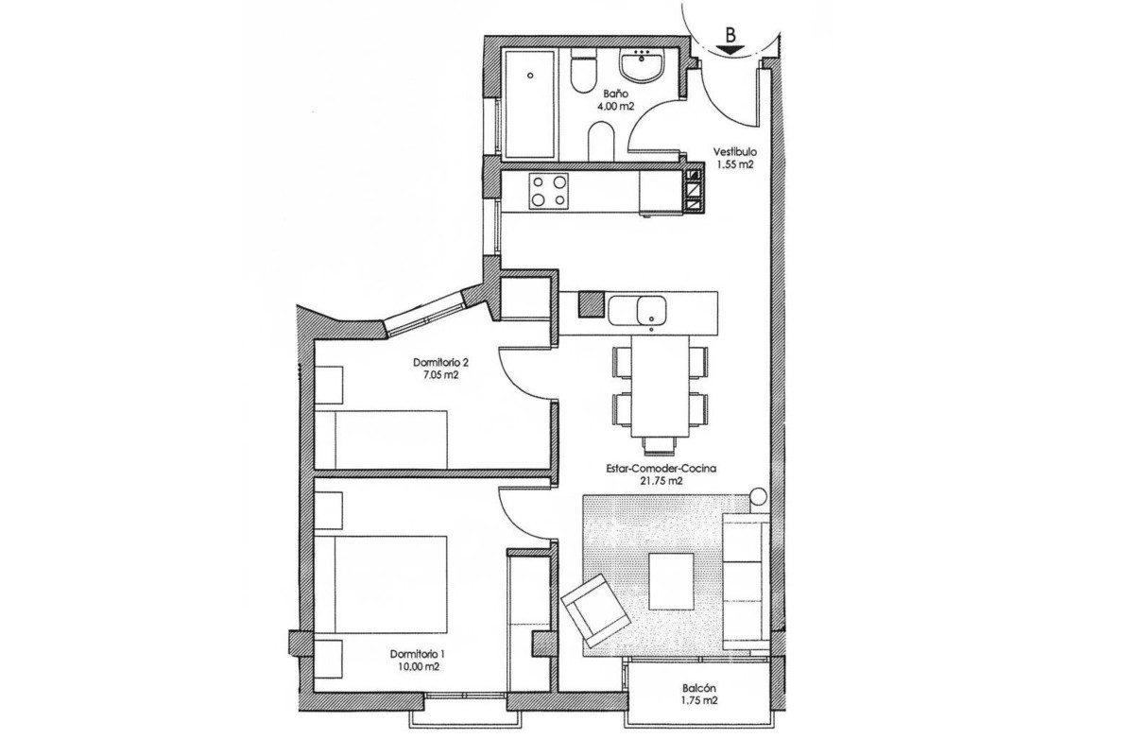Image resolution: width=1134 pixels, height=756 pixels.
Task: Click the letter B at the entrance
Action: (x=730, y=35)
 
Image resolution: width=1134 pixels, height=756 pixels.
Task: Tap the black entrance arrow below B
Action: (x=730, y=50)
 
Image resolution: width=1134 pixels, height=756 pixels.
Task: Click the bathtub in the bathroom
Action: (x=529, y=104)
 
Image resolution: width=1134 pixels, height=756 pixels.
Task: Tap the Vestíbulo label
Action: (x=735, y=151)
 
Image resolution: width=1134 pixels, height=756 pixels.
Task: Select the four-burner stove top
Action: (x=549, y=191)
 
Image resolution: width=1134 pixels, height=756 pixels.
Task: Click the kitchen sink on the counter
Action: (x=638, y=310)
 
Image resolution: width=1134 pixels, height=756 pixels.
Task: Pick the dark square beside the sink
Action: (x=592, y=304)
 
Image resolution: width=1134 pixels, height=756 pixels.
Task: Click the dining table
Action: (x=661, y=387)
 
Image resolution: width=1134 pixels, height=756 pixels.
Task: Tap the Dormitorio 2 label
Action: (x=440, y=363)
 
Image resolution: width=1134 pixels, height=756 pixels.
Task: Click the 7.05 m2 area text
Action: (x=439, y=375)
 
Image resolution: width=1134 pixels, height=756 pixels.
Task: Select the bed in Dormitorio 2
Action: (x=381, y=439)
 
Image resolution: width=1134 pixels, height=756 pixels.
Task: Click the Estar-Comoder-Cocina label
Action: (x=661, y=469)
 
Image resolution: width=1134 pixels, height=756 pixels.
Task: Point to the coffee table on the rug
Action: (x=671, y=581)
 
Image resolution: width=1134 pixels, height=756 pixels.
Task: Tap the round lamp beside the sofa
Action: (x=758, y=496)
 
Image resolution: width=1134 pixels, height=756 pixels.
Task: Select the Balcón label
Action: (x=699, y=688)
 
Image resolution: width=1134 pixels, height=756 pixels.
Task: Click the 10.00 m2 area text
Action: (x=419, y=667)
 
